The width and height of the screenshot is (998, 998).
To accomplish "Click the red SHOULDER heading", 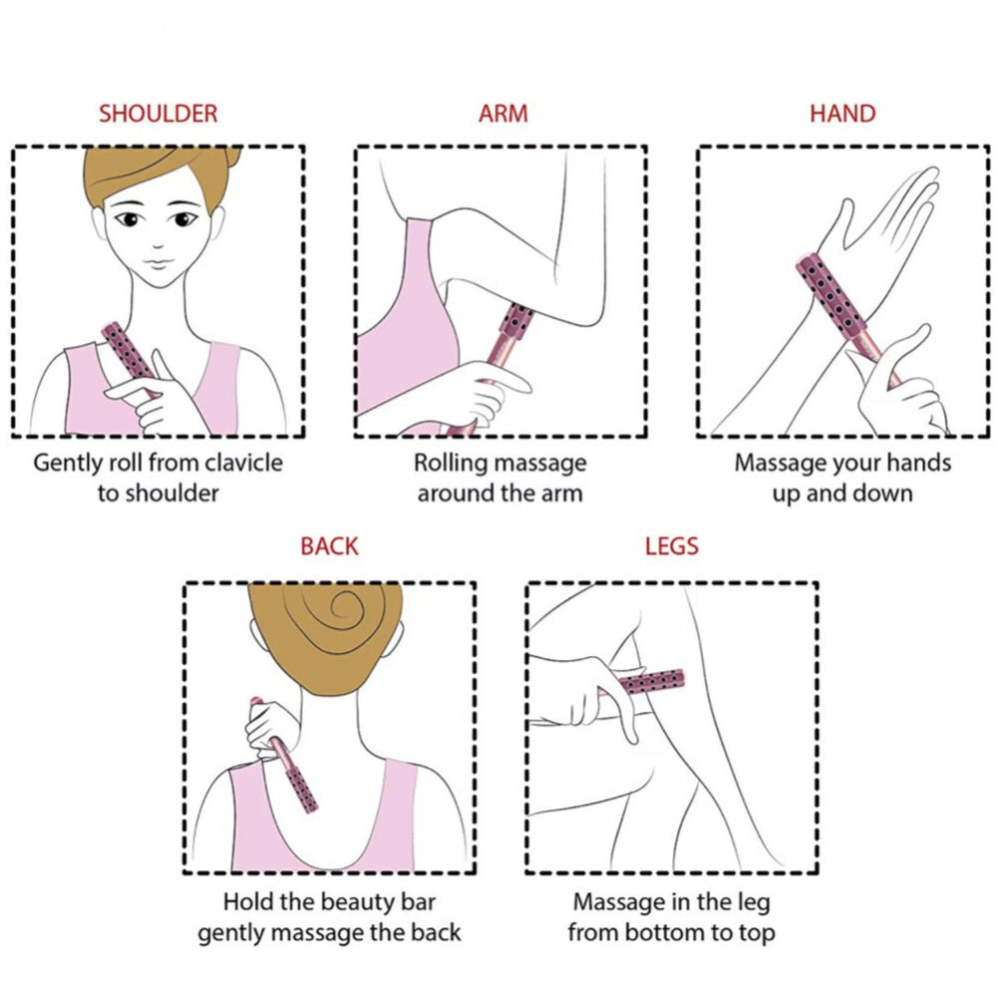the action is click(x=158, y=114).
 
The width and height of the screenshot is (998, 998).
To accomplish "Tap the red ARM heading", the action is click(x=502, y=114).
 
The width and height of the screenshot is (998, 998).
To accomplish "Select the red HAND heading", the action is click(x=842, y=114).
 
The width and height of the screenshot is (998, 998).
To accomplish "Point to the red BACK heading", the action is click(x=329, y=546).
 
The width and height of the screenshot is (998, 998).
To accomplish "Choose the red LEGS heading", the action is click(x=672, y=546).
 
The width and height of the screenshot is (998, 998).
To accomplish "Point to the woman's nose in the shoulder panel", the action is click(x=158, y=244).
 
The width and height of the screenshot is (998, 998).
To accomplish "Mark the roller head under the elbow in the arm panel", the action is click(x=516, y=320).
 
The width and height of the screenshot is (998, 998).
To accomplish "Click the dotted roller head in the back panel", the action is click(x=302, y=790).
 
